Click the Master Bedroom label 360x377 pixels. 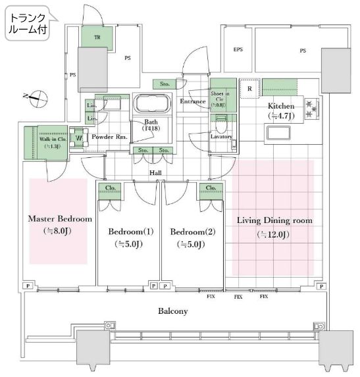[59, 219]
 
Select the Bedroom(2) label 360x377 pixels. [192, 232]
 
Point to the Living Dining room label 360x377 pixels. [275, 220]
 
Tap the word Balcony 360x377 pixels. [174, 311]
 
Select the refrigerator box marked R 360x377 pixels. [249, 88]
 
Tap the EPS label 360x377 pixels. [238, 50]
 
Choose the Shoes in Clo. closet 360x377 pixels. [220, 97]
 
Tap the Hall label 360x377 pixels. [155, 172]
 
